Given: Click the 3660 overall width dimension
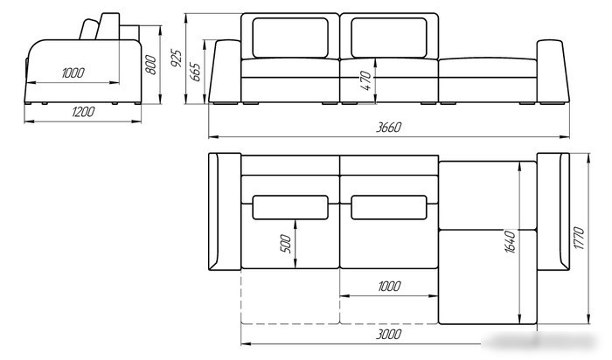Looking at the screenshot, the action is (x=388, y=128).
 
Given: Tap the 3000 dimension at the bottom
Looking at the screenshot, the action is (x=389, y=335).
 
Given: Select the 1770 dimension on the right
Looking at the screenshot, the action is (x=579, y=238).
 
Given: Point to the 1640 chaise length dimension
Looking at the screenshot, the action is (x=510, y=242).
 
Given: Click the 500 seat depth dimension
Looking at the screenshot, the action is (x=286, y=244).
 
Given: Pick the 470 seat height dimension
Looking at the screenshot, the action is (x=365, y=80).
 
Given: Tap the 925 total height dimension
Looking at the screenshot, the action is (x=177, y=59).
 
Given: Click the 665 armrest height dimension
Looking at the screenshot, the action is (x=195, y=73).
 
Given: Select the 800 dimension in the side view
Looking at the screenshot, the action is (x=150, y=65).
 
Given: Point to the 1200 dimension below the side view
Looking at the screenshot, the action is (x=83, y=112).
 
